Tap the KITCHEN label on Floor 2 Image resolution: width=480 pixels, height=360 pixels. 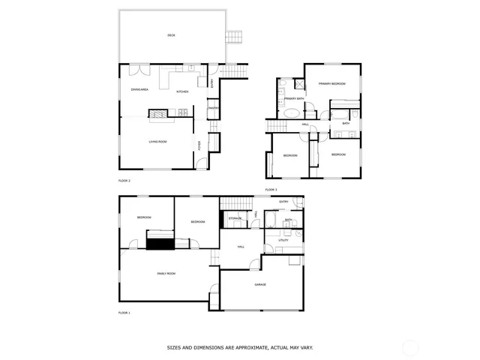point(182,91)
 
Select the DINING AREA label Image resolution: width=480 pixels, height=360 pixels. point(139,89)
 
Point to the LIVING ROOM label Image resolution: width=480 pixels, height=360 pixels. point(157,142)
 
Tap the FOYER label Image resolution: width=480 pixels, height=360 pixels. point(199,145)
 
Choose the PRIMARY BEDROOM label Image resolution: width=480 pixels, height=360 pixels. point(331,84)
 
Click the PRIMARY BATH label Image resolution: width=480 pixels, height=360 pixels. point(295,98)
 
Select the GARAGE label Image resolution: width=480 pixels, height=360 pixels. point(260,285)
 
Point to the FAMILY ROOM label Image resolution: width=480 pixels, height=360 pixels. point(166,274)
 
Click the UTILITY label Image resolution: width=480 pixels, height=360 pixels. point(284,241)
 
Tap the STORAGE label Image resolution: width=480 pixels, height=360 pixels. point(235,218)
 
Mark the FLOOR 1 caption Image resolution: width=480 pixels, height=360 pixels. point(124,313)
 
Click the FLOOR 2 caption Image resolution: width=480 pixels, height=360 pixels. point(124,181)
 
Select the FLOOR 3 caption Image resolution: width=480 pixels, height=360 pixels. point(271,190)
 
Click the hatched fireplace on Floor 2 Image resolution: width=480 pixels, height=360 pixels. point(159,113)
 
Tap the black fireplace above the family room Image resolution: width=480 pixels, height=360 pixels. point(160,242)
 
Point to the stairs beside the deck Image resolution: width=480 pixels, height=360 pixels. point(235,37)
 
